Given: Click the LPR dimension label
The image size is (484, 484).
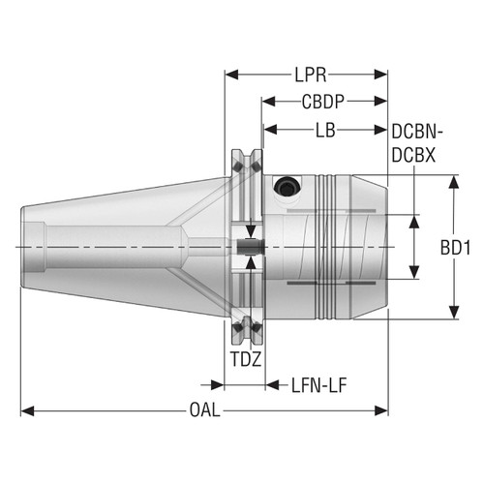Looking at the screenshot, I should [x=307, y=73].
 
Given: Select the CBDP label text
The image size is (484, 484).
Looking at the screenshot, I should [x=324, y=101].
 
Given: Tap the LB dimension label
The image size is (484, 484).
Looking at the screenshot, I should [x=325, y=129].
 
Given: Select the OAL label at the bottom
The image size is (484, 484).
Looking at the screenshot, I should [x=204, y=409].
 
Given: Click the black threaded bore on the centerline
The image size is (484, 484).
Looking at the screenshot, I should [x=249, y=248].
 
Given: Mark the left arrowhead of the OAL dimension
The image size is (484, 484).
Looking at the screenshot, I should [x=27, y=409].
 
